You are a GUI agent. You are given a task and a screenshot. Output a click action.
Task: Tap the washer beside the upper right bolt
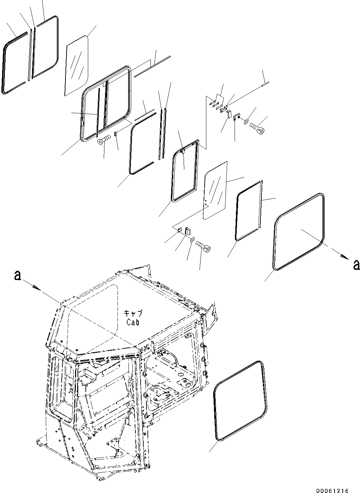(x=246, y=122)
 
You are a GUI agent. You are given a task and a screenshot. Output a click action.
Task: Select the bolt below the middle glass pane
(x=204, y=245)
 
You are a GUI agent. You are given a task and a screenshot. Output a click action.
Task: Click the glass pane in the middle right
(x=216, y=191)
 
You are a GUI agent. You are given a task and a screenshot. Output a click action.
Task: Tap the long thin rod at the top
(x=152, y=65)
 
